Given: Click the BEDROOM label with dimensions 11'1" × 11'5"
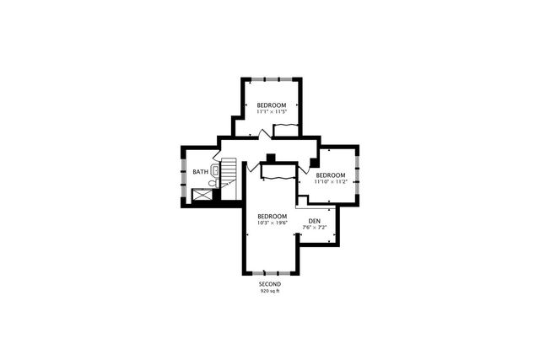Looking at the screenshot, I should (x=272, y=105).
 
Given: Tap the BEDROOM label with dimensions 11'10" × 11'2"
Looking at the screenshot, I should (x=331, y=175).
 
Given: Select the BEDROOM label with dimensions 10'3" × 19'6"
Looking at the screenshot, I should (x=272, y=216).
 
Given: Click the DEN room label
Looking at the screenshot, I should (x=315, y=222).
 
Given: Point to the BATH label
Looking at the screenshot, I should (x=200, y=172).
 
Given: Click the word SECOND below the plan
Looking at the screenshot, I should (x=269, y=284).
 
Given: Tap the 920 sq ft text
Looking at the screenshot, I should (x=269, y=291).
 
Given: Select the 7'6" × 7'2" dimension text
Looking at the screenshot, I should (x=315, y=228).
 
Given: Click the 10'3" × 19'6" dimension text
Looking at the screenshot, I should (x=272, y=223).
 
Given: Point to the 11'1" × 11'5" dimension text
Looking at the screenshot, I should (x=272, y=111).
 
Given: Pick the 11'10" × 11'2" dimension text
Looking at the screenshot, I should (x=331, y=181).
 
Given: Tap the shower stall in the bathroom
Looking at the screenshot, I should (x=203, y=196).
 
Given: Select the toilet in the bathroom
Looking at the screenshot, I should (x=213, y=181).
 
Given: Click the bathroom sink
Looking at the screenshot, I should (x=215, y=170).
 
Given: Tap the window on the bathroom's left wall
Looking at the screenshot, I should (x=183, y=177).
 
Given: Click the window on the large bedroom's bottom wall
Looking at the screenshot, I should (x=272, y=272).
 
